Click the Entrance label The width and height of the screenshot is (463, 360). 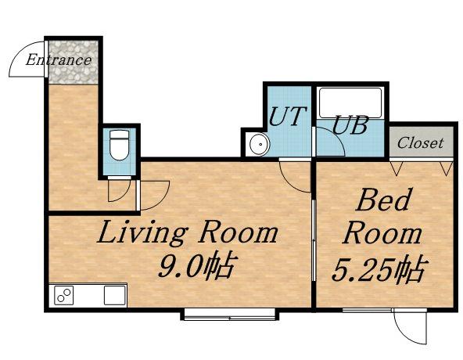tap(59, 60)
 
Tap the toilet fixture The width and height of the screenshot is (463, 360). tap(119, 145)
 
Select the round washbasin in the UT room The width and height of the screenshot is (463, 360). tap(260, 144)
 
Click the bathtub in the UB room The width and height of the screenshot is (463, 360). tap(350, 103)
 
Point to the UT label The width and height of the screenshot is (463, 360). tap(287, 117)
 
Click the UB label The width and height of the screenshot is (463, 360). tap(350, 124)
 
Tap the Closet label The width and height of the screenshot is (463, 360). tap(420, 143)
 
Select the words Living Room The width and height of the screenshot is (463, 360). tap(188, 233)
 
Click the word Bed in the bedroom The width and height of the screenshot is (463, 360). tap(383, 200)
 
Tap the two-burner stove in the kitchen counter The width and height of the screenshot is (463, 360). tap(64, 295)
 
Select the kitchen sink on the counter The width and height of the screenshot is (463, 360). tap(114, 295)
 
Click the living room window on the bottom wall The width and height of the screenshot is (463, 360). tap(230, 314)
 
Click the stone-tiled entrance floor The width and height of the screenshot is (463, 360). tap(73, 63)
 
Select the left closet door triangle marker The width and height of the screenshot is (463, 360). tap(396, 168)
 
